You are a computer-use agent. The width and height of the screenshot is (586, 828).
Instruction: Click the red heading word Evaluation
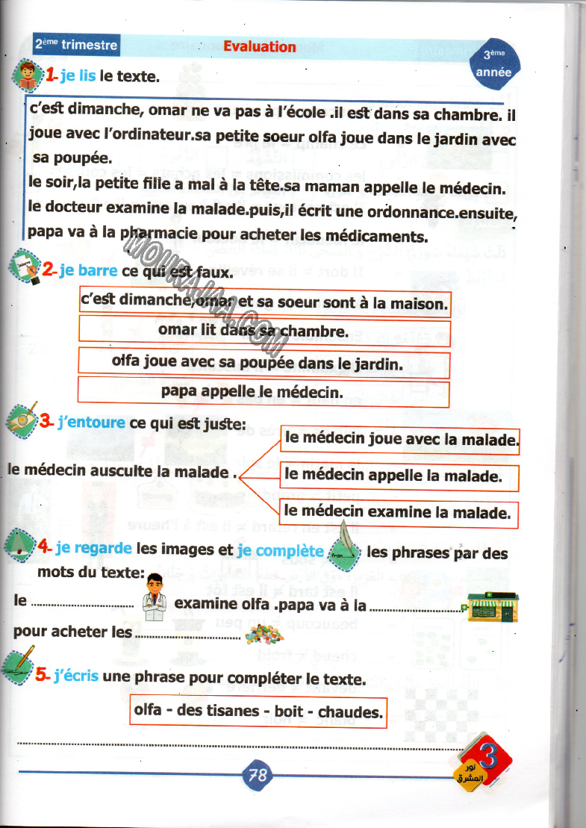pos(260,46)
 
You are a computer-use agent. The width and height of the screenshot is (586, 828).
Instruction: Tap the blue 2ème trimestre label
pos(76,45)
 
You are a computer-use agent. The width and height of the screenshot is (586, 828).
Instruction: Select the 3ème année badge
pos(493,64)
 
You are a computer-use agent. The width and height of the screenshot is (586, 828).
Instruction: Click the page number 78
pos(257,775)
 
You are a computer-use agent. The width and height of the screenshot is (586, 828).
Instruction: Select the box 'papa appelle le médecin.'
pos(264,392)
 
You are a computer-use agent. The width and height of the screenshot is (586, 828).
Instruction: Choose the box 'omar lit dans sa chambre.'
pos(264,330)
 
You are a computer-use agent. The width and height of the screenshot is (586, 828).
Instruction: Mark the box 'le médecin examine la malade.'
pos(399,512)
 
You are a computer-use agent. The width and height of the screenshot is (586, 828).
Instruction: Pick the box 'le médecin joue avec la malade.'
pos(400,439)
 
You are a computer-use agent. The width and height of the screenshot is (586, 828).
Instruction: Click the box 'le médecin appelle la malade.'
pos(399,476)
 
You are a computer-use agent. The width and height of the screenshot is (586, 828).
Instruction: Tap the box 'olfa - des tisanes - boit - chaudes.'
pos(257,711)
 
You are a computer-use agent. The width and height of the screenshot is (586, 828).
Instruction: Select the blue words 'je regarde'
pos(93,548)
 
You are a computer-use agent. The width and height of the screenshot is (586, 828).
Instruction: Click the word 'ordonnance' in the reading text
pos(416,213)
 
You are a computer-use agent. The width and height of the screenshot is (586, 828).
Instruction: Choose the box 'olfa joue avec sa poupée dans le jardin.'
pos(264,363)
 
